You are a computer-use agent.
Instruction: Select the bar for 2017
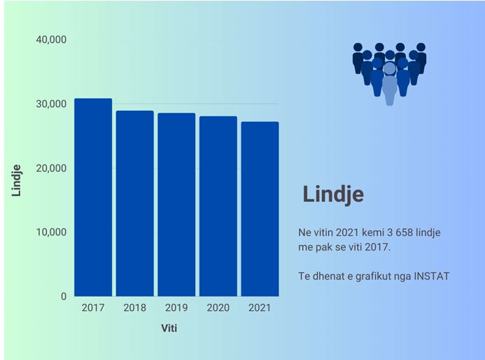click(93, 198)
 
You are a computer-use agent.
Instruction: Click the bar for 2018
click(134, 203)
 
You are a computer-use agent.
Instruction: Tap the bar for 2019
click(176, 205)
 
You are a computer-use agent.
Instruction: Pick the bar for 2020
click(218, 206)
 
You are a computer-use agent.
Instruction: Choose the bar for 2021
click(260, 209)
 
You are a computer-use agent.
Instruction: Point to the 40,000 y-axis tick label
click(50, 39)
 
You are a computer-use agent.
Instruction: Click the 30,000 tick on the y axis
click(50, 104)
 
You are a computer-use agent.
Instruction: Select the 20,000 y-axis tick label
click(50, 168)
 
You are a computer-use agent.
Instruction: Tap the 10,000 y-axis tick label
click(50, 232)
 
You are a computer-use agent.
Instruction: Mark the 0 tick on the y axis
click(63, 296)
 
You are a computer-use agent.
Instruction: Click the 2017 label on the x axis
click(93, 307)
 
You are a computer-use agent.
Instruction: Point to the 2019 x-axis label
click(176, 307)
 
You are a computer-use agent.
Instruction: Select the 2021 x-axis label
click(260, 307)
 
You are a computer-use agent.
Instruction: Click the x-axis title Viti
click(169, 328)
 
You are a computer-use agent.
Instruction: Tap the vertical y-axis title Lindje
click(17, 179)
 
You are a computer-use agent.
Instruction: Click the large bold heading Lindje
click(333, 194)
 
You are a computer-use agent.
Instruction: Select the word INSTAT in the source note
click(430, 276)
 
